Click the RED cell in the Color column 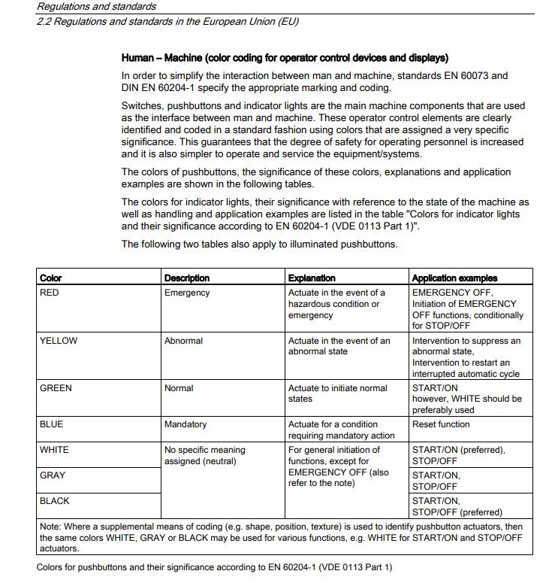(x=49, y=293)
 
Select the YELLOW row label (x=59, y=341)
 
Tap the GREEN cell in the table (x=56, y=388)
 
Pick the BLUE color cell (x=51, y=424)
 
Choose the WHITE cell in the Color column (x=54, y=450)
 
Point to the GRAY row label (x=53, y=475)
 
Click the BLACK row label (x=55, y=500)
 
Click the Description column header (x=187, y=278)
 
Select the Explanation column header (x=312, y=278)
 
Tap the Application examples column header (x=454, y=278)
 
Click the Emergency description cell (x=187, y=293)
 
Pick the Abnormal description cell (x=184, y=341)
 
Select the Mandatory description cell (x=186, y=424)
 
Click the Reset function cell (x=441, y=424)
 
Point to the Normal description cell (x=179, y=388)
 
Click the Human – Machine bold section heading (x=285, y=58)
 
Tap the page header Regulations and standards (x=96, y=7)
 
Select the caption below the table (x=215, y=567)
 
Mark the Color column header (x=51, y=278)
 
